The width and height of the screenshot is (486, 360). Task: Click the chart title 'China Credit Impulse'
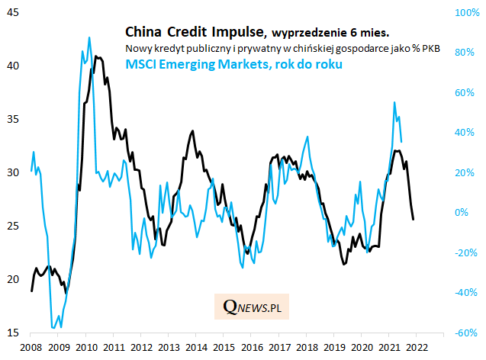(x=194, y=32)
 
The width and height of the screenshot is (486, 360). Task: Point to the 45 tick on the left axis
(x=14, y=12)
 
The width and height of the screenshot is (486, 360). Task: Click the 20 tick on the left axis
(x=14, y=280)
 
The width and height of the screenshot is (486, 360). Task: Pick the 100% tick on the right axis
(x=466, y=12)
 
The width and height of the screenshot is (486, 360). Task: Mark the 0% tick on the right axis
(x=462, y=213)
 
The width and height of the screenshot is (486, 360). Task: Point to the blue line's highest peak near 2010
(x=89, y=37)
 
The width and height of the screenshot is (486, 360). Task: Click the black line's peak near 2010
(x=95, y=56)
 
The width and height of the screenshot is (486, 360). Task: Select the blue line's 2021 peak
(x=394, y=102)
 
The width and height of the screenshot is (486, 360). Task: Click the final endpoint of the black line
(x=413, y=220)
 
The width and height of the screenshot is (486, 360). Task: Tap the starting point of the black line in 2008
(x=31, y=291)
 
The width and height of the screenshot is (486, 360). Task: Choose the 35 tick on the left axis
(x=14, y=119)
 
